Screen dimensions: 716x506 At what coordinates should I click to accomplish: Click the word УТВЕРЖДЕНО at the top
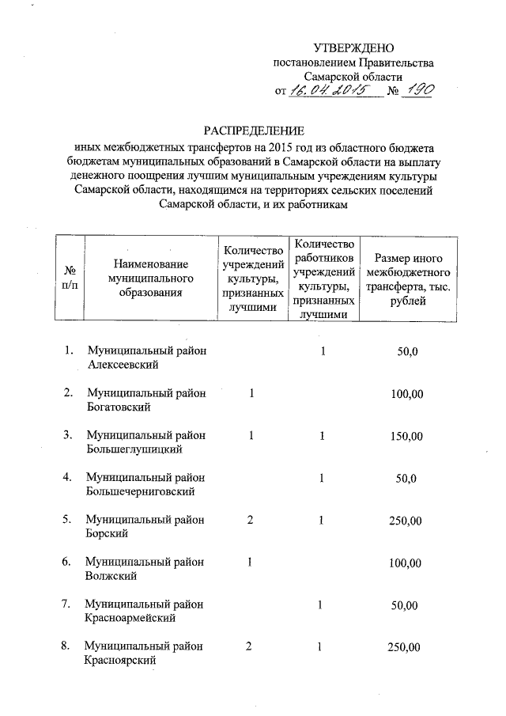point(353,48)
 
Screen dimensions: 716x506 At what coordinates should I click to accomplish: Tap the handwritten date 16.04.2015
point(326,91)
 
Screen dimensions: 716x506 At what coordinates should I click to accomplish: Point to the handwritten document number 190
point(416,91)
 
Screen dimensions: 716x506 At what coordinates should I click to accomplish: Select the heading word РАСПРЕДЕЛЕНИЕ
point(253,131)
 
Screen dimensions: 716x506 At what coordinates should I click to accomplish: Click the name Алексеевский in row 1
point(123,365)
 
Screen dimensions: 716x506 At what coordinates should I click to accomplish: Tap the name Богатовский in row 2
point(119,407)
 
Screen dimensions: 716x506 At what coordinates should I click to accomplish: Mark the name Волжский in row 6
point(111,576)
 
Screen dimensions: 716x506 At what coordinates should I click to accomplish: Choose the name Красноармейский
point(130,618)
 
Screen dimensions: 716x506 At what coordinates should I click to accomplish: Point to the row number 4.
point(68,477)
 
